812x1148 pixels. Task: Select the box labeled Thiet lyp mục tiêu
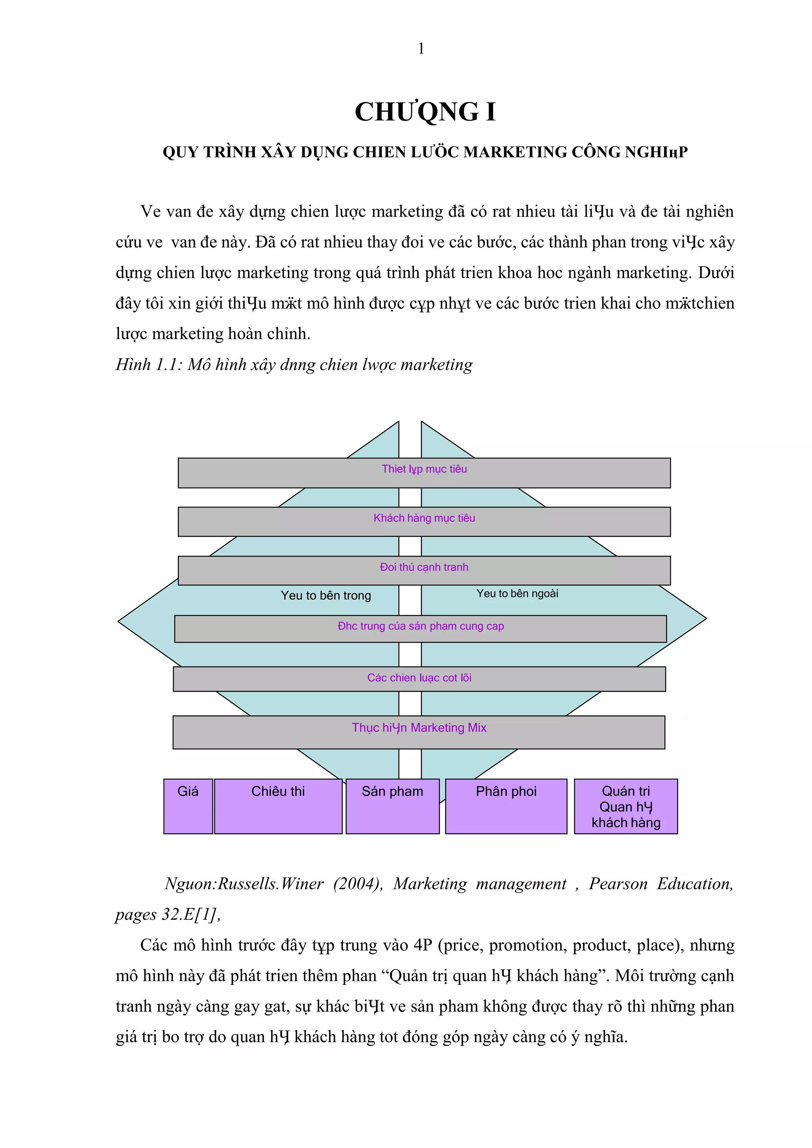point(424,473)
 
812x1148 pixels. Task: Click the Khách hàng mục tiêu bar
point(424,522)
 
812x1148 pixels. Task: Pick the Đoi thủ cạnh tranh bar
point(424,570)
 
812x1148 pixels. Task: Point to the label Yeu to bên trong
point(326,595)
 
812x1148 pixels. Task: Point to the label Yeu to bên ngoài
point(517,593)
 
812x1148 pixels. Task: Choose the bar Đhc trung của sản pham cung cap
point(421,628)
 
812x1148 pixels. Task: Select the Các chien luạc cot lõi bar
point(419,679)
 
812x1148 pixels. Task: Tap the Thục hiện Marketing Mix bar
point(419,732)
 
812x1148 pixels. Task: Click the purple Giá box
point(188,806)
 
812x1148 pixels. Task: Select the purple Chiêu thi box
point(278,806)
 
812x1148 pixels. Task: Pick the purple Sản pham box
point(393,806)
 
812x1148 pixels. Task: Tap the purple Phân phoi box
point(506,806)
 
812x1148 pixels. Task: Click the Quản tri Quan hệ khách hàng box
point(626,806)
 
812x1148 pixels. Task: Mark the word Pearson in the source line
point(618,884)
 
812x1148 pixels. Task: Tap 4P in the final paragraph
point(423,945)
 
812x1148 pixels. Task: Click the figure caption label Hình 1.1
point(147,365)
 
